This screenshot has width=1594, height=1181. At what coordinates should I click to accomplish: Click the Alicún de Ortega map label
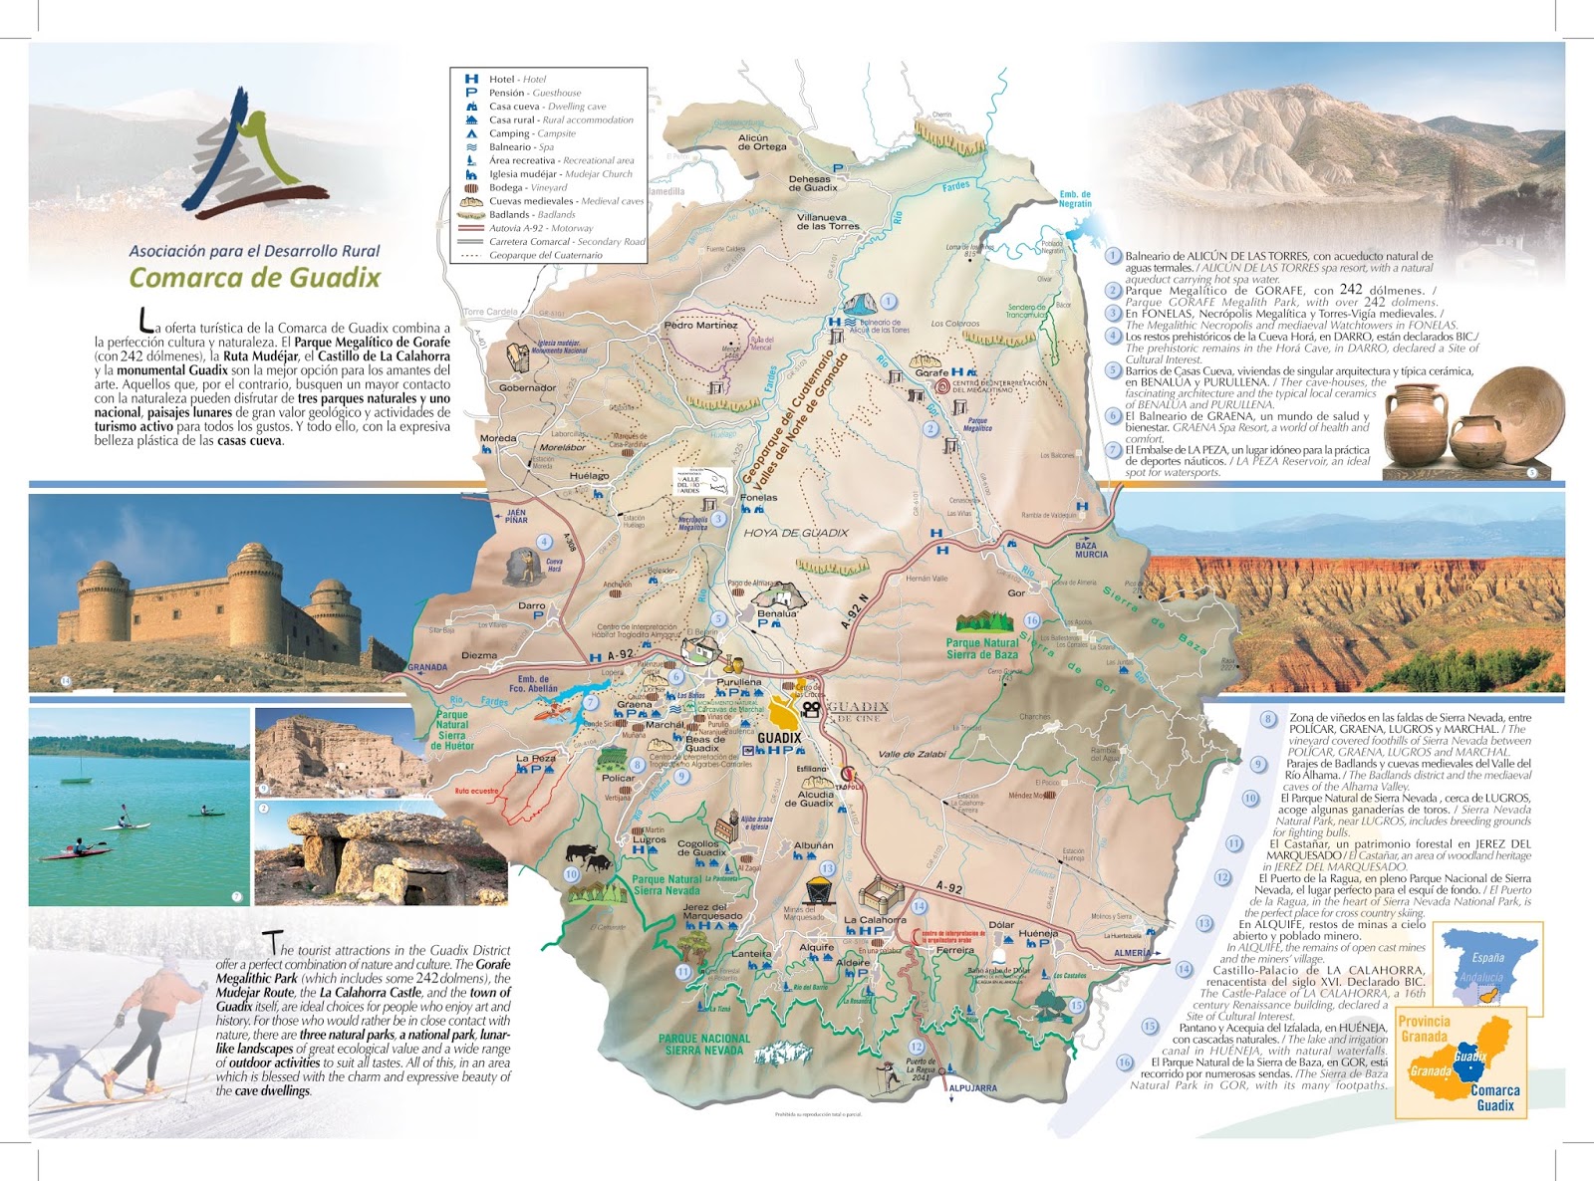(x=762, y=142)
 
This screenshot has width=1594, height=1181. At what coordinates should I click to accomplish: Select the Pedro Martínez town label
(x=700, y=326)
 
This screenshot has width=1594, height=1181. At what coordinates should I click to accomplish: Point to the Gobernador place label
(x=527, y=388)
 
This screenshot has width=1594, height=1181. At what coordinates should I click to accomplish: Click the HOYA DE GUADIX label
(x=796, y=533)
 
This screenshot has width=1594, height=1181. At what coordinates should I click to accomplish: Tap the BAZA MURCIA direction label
(x=1091, y=550)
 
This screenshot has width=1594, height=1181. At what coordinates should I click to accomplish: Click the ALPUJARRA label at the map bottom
(x=972, y=1088)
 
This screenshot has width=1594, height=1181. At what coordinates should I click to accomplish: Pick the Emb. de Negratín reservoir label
(x=1075, y=199)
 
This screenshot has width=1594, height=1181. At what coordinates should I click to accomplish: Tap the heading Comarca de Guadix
(x=255, y=277)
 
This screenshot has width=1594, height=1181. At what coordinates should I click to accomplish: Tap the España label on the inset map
(x=1487, y=958)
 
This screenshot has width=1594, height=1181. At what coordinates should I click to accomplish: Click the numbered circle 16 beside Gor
(x=1032, y=620)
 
